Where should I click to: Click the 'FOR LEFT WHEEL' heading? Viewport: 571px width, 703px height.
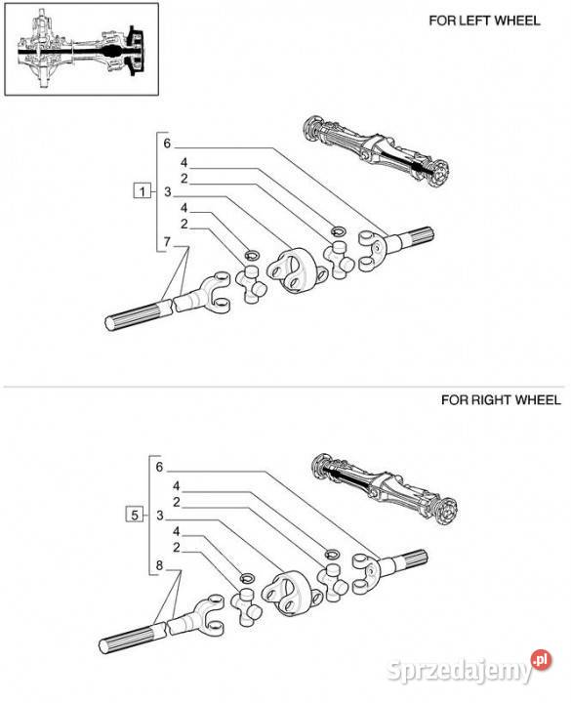click(484, 21)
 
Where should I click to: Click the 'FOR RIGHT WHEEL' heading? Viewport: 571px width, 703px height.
click(501, 400)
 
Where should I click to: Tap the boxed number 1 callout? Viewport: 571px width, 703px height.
click(143, 192)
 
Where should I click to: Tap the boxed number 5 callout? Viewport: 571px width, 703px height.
click(135, 516)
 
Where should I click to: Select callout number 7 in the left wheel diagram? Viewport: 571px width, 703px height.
click(167, 242)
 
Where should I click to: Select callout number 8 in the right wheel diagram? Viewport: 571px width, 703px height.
click(159, 565)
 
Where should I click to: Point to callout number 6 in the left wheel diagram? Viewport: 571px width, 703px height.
click(167, 144)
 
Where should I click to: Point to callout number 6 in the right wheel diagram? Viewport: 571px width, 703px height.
click(159, 467)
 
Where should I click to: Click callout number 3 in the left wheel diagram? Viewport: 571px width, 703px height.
click(168, 192)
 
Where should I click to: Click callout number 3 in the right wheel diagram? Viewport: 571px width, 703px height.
click(159, 516)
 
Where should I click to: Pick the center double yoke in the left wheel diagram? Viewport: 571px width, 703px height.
click(294, 270)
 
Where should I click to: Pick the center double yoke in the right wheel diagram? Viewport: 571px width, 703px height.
click(289, 593)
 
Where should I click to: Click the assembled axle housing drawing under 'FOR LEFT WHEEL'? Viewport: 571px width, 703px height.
click(377, 151)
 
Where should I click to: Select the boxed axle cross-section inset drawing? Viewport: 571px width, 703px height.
click(82, 49)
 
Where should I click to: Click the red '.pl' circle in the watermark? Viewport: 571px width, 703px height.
click(541, 660)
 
